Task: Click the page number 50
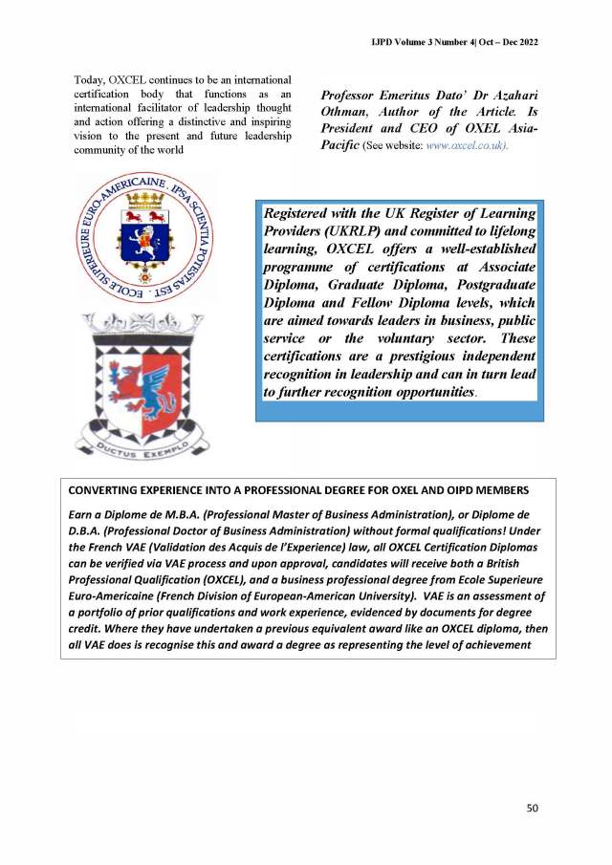(533, 808)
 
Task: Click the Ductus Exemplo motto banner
(142, 441)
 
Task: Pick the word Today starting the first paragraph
(90, 78)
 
